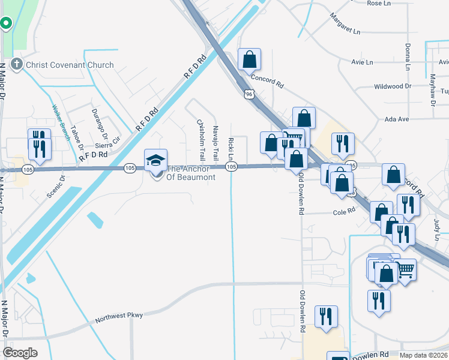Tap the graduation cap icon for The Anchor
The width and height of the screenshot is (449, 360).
click(155, 160)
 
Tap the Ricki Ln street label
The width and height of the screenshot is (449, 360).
click(231, 149)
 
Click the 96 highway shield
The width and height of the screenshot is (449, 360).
click(249, 94)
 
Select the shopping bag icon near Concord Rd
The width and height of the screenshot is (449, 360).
click(249, 60)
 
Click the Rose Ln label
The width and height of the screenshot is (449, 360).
click(378, 3)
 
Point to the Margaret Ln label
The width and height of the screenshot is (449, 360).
click(345, 23)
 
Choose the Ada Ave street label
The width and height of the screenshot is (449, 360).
click(397, 119)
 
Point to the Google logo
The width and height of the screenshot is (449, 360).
click(20, 352)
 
